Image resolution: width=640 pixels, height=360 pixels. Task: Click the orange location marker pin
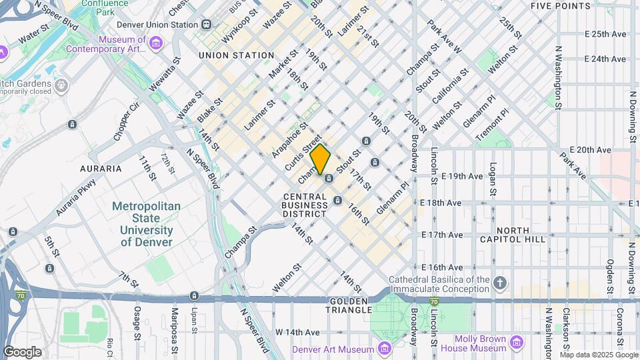320,159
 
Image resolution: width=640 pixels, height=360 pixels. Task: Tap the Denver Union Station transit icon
207,24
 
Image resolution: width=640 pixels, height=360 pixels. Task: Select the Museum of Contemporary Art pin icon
155,44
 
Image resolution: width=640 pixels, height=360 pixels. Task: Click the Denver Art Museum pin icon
384,349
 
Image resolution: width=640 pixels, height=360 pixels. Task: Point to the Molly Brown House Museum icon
516,343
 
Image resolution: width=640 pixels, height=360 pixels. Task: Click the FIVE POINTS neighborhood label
560,6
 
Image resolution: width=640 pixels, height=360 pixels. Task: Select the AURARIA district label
101,169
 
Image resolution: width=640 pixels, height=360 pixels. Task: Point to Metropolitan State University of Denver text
145,225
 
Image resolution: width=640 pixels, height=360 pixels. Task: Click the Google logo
22,351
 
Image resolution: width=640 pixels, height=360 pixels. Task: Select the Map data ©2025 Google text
598,354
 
